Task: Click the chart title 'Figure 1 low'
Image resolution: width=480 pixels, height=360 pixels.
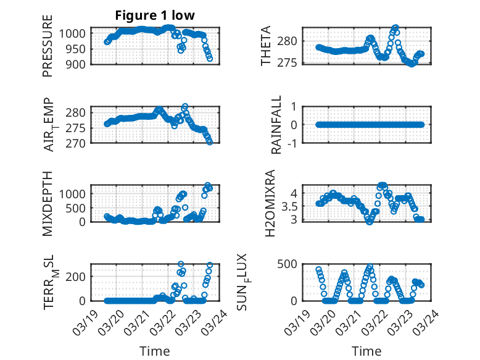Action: click(x=155, y=16)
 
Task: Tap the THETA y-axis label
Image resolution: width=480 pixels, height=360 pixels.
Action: click(x=266, y=46)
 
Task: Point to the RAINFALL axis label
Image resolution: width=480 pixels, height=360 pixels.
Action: click(x=277, y=125)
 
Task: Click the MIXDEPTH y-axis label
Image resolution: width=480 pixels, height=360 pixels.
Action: click(x=48, y=203)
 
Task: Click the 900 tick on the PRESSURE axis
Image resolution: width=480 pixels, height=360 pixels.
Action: click(x=77, y=64)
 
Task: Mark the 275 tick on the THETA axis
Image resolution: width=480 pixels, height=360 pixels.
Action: click(x=291, y=62)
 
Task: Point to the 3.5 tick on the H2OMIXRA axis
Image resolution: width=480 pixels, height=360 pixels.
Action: click(x=293, y=206)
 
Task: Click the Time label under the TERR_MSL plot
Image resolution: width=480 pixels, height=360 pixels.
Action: click(x=154, y=351)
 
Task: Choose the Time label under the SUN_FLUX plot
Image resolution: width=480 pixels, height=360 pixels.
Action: click(x=366, y=351)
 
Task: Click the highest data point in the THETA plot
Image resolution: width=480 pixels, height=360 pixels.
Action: click(x=395, y=28)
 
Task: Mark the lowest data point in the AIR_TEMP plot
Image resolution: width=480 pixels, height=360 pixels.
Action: click(x=210, y=142)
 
